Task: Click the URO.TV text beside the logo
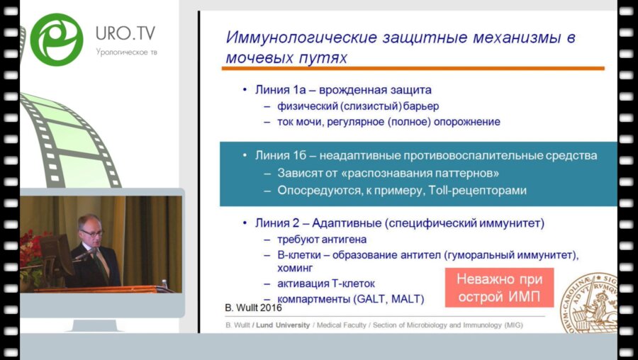(125, 34)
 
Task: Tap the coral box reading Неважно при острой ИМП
(499, 286)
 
